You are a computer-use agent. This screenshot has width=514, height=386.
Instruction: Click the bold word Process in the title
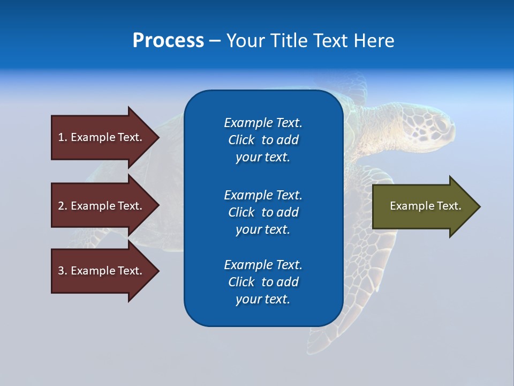click(x=168, y=41)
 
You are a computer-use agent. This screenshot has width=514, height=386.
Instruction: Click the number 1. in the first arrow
click(x=63, y=137)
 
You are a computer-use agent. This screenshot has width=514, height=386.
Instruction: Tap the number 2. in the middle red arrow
click(x=63, y=206)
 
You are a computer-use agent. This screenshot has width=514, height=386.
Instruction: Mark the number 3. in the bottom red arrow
click(x=63, y=271)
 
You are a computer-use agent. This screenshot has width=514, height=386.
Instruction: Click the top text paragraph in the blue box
click(x=263, y=140)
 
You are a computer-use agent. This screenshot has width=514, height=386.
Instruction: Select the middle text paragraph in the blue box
click(x=263, y=212)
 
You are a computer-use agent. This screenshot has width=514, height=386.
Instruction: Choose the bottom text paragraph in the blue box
click(x=263, y=282)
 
